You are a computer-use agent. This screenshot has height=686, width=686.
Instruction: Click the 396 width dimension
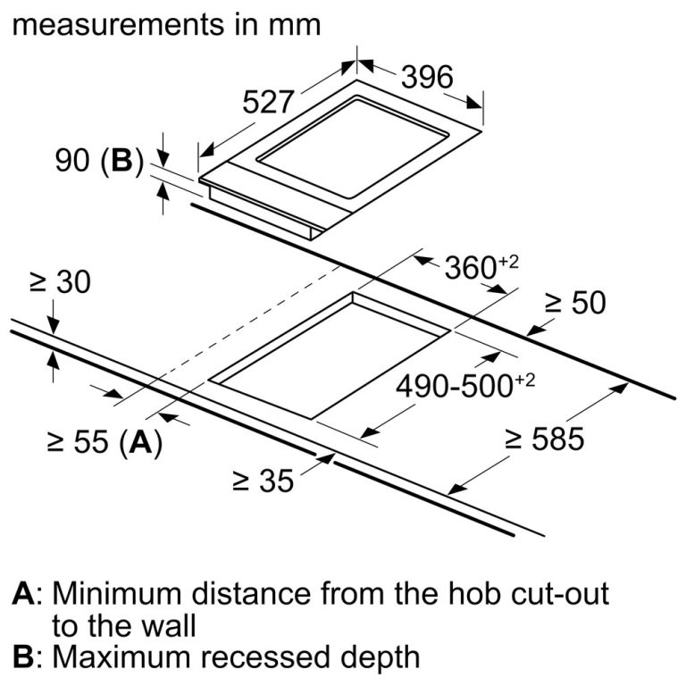426,78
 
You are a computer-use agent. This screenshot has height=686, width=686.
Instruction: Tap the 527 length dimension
269,104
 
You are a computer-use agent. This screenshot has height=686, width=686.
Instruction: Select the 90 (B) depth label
99,162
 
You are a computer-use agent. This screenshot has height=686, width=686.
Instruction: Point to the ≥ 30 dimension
60,282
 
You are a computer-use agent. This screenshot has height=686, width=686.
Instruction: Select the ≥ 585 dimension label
544,439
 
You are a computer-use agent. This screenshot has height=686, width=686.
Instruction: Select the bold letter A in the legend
24,592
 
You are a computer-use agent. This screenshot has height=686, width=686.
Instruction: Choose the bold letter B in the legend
24,657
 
